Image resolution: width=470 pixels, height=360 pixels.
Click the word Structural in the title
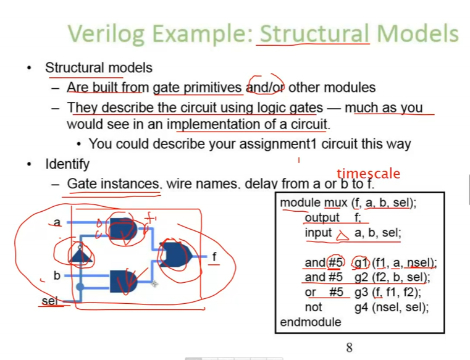click(x=314, y=33)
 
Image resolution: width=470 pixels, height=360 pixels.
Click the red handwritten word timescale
click(x=368, y=174)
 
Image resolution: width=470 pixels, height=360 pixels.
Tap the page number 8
click(x=349, y=348)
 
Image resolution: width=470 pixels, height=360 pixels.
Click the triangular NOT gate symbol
click(x=80, y=256)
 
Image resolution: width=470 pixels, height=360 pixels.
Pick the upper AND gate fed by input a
click(x=123, y=229)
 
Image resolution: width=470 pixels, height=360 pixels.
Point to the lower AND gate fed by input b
click(x=123, y=281)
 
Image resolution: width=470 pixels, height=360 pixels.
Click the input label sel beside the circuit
click(x=49, y=301)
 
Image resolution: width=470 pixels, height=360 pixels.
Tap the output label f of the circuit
click(x=214, y=257)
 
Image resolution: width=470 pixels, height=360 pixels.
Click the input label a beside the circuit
click(x=57, y=222)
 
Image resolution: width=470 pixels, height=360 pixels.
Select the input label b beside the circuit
click(x=57, y=275)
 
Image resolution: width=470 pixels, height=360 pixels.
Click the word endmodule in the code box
click(x=311, y=322)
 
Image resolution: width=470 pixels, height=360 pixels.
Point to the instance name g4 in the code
click(x=361, y=308)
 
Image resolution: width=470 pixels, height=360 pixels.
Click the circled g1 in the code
click(x=361, y=263)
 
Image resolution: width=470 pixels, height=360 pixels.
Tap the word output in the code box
click(x=322, y=217)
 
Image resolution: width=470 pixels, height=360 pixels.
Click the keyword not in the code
click(x=313, y=308)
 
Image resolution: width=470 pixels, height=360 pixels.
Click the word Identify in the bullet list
click(x=67, y=164)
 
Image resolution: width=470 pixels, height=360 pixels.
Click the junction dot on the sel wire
click(x=80, y=287)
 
